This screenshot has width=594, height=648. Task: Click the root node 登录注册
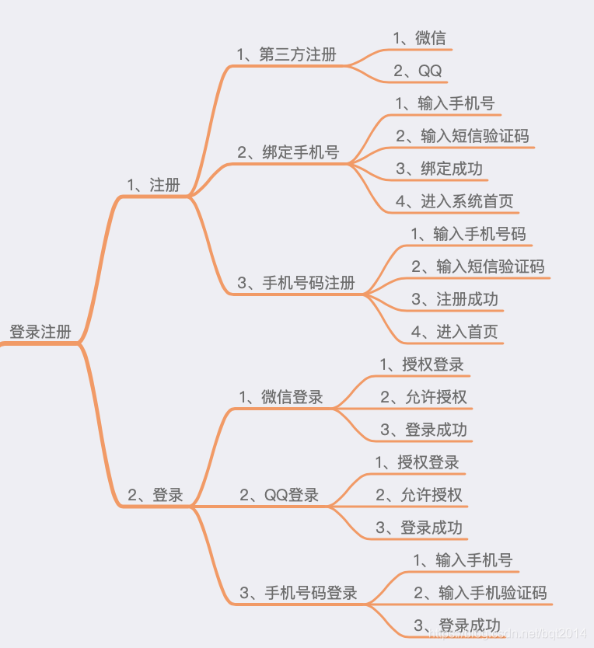point(40,332)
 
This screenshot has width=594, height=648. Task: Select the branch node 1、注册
point(153,185)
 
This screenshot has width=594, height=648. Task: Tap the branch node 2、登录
point(155,495)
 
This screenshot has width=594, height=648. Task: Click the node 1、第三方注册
point(287,54)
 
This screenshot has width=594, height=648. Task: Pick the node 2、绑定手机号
point(288,152)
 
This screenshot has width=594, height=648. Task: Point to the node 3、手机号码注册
point(296,283)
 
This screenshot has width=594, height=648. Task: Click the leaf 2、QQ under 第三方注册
point(418,71)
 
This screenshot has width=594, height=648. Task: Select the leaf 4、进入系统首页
point(455,201)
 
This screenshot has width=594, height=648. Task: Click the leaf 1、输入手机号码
point(468,234)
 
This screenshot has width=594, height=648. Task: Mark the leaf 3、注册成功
point(455,299)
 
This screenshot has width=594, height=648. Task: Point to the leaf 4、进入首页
point(455,332)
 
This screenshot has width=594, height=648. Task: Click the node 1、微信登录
point(281,397)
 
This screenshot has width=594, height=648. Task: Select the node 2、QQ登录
point(279,495)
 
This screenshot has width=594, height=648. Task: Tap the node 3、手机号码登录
point(299,593)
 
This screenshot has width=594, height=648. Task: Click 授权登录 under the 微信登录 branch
point(421,364)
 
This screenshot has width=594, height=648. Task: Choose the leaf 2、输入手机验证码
point(480,593)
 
